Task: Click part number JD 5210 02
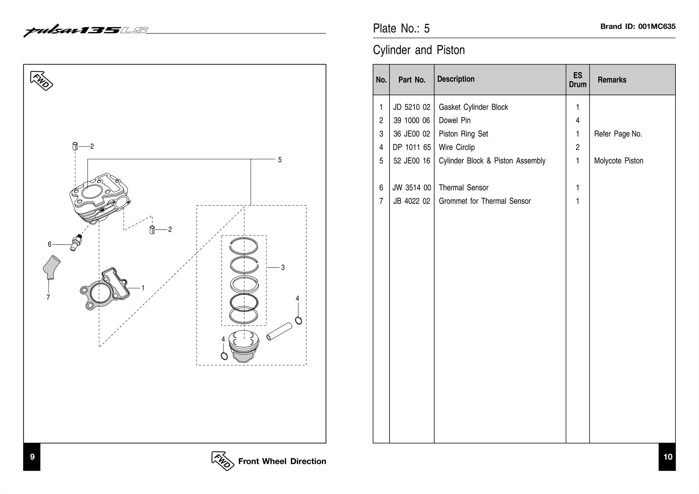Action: [x=412, y=107]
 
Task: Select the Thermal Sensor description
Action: [x=463, y=188]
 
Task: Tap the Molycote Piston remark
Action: [x=618, y=161]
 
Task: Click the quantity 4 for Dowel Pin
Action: [x=577, y=120]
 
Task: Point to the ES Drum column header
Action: [x=577, y=80]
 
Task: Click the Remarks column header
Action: [x=612, y=80]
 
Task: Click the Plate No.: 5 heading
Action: [x=401, y=28]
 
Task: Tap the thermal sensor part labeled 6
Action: [x=75, y=242]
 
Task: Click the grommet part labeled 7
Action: [x=51, y=267]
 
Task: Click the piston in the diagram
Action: [x=243, y=346]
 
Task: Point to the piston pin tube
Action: [x=279, y=332]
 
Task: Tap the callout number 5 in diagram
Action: [x=280, y=160]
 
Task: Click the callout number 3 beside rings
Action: [x=283, y=268]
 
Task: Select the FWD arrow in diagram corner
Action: [x=42, y=81]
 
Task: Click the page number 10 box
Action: [x=667, y=457]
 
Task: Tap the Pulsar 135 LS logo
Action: [x=85, y=30]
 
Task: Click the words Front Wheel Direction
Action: [x=282, y=461]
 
